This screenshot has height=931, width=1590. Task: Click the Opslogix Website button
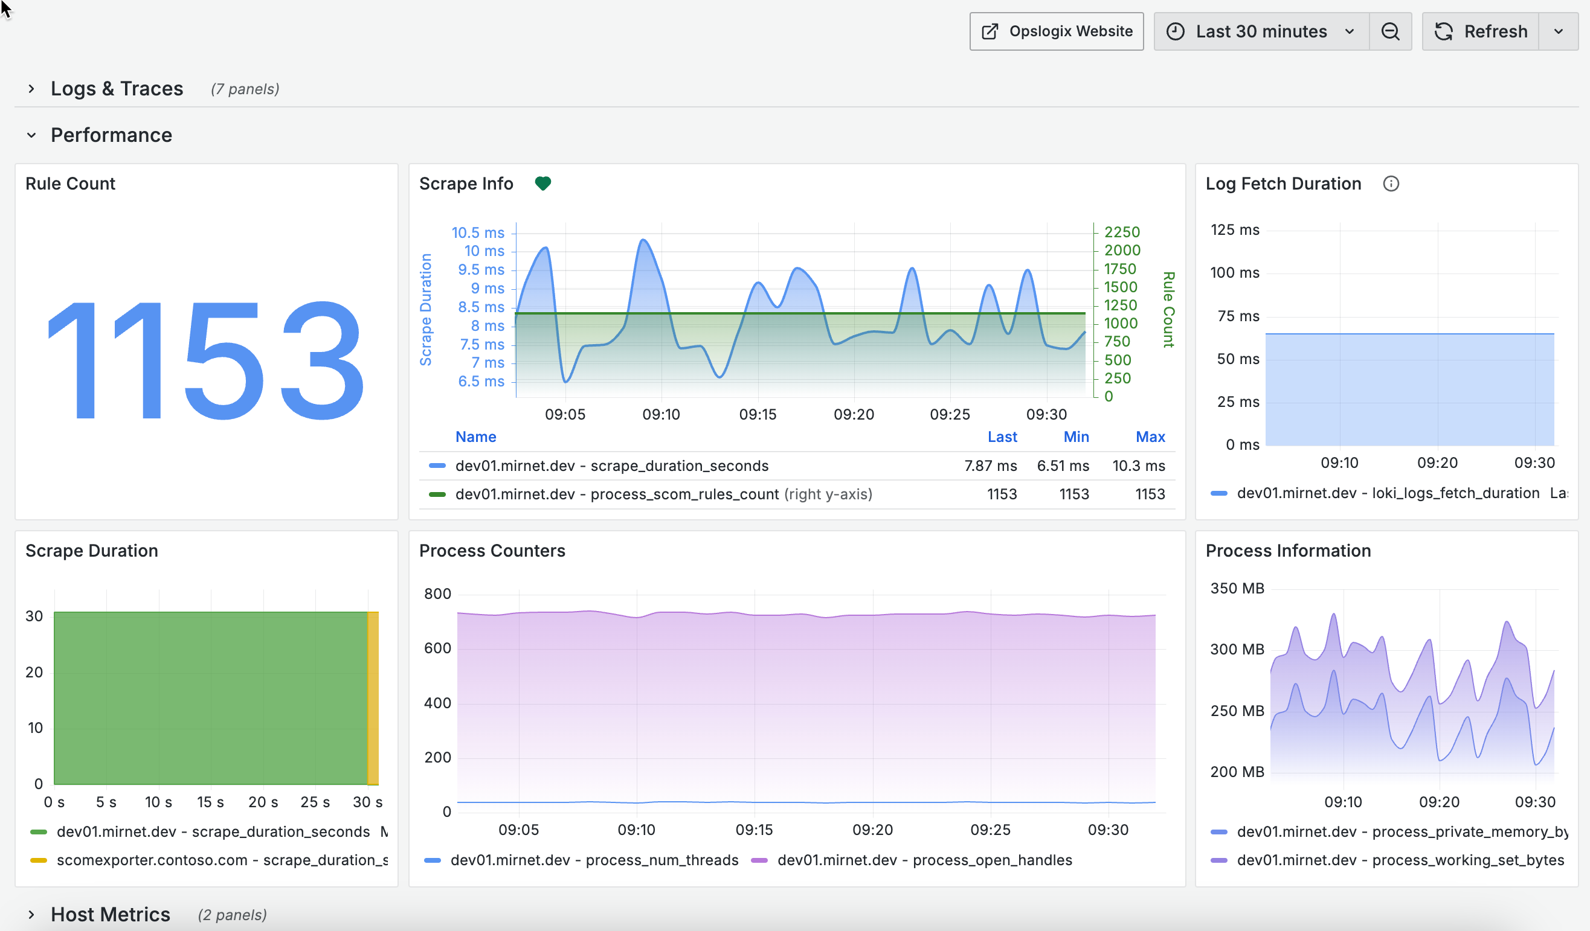tap(1056, 31)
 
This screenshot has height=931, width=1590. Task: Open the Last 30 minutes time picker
tap(1261, 31)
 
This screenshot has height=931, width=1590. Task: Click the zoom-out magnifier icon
tap(1391, 31)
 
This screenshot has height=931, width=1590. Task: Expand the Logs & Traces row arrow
tap(31, 89)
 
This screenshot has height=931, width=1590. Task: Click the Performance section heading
tap(111, 135)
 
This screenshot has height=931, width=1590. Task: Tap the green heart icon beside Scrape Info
tap(542, 184)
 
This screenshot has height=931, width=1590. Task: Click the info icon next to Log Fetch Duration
tap(1391, 184)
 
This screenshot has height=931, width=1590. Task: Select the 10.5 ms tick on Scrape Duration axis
tap(478, 233)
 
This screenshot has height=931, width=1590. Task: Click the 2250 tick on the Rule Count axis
tap(1122, 232)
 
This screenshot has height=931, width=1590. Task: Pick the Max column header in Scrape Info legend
tap(1150, 437)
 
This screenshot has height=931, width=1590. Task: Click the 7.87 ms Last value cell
tap(990, 465)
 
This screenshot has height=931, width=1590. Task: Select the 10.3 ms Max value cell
tap(1138, 465)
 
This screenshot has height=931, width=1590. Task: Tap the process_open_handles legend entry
tap(924, 860)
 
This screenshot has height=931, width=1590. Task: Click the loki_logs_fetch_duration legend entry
tap(1388, 493)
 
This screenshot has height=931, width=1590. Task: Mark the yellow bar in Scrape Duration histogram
tap(373, 697)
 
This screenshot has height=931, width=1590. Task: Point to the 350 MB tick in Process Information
tap(1237, 589)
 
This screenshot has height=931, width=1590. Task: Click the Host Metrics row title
tap(111, 914)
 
